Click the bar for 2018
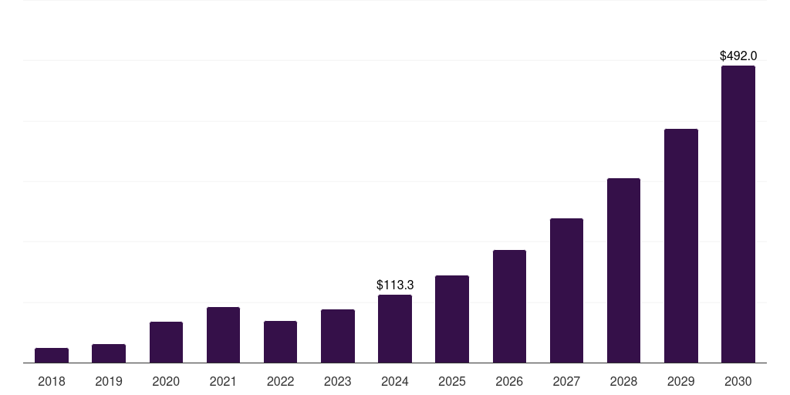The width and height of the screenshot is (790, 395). [52, 356]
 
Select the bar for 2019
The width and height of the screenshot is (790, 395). [109, 353]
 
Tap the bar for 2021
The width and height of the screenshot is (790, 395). [223, 335]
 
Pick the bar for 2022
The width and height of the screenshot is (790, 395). [280, 342]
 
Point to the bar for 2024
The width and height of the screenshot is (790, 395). [395, 329]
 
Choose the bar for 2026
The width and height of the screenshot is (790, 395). [509, 306]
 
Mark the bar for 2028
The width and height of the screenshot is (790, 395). [623, 270]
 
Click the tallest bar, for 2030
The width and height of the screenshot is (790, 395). [738, 214]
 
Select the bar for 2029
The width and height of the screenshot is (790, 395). [681, 245]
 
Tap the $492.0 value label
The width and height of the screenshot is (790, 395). [738, 56]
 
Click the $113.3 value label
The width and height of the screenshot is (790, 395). [395, 285]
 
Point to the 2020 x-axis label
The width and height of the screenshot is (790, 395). [166, 381]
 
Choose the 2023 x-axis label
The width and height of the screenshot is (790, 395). [337, 381]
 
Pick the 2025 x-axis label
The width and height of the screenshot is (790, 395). [452, 381]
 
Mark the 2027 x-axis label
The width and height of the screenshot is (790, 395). [566, 381]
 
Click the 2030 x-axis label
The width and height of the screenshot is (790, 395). [738, 381]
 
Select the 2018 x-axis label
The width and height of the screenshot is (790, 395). [52, 381]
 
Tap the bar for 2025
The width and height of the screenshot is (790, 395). [452, 319]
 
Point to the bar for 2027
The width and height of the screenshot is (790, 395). [566, 290]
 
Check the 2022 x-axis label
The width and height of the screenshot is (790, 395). [280, 381]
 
